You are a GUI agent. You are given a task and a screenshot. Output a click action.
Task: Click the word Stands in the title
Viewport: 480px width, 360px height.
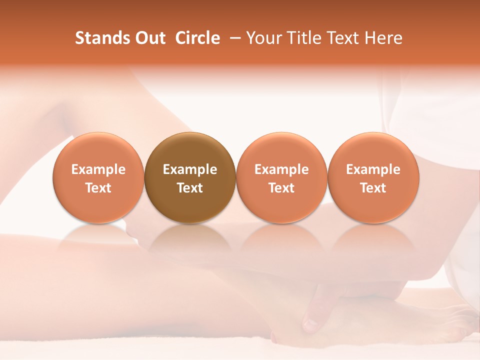(99, 38)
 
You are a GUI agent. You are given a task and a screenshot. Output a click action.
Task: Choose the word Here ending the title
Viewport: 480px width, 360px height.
(384, 38)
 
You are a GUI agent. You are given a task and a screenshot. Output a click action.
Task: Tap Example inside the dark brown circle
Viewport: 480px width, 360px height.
(190, 169)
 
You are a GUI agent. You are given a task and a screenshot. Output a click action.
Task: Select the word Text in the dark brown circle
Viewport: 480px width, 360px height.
(190, 188)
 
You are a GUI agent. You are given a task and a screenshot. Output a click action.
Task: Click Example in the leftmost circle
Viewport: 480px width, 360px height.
(98, 169)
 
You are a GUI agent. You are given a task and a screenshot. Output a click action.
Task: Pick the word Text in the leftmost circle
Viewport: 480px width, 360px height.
(98, 188)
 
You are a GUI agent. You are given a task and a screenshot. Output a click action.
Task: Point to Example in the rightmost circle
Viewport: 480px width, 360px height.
(373, 169)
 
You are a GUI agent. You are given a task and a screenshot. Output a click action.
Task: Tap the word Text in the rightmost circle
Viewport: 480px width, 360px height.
(373, 188)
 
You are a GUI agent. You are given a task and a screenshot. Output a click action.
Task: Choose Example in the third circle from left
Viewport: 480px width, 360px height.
(281, 169)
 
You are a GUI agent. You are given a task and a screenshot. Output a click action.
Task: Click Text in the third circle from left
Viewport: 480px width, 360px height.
(281, 188)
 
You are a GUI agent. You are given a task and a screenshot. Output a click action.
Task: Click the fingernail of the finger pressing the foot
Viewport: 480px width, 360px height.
(310, 325)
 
